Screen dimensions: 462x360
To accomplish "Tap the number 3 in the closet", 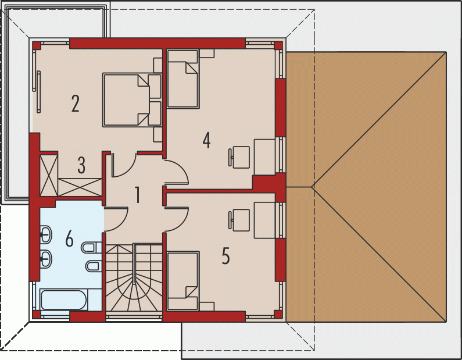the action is tap(81, 165).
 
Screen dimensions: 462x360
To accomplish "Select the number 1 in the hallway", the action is tap(137, 195).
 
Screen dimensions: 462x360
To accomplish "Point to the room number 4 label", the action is tap(206, 140).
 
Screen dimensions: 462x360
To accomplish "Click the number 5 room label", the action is tap(225, 256).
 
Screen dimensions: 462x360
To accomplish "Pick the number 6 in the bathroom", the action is tap(69, 238).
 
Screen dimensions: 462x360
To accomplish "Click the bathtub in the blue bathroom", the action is tap(63, 300).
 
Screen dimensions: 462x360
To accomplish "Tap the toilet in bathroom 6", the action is tap(91, 248).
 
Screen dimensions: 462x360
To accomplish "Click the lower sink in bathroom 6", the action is tap(46, 259).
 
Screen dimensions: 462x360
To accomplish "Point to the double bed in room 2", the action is tap(132, 100).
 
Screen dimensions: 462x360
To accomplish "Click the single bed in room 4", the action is tap(183, 79).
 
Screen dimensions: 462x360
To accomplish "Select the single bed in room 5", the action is tap(183, 281).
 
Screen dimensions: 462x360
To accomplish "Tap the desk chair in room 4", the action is tap(239, 158).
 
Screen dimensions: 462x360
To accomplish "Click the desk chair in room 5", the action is tap(239, 220).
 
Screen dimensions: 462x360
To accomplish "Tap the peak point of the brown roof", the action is tap(311, 187).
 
